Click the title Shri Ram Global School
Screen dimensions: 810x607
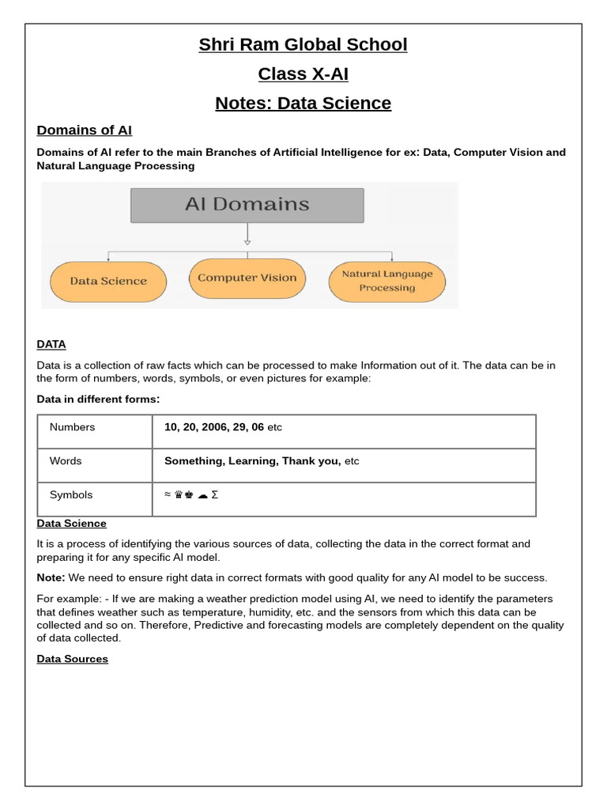coord(303,45)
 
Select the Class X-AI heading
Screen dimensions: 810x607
coord(303,74)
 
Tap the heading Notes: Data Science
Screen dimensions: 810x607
coord(303,104)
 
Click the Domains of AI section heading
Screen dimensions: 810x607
coord(85,130)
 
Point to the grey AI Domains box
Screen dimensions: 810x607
coord(247,205)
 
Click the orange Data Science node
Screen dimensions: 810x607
coord(108,281)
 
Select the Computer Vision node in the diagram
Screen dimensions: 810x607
coord(247,278)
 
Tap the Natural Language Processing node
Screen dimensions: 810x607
coord(386,281)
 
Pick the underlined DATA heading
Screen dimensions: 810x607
coord(51,344)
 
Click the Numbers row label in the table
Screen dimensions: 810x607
coord(72,427)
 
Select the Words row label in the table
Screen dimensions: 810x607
coord(66,461)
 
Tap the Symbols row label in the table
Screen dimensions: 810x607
coord(71,495)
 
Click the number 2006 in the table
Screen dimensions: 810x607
coord(213,427)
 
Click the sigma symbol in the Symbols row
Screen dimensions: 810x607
coord(215,495)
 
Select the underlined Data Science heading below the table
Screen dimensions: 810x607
coord(71,524)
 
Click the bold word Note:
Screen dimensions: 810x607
coord(51,577)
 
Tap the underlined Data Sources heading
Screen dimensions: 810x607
coord(72,659)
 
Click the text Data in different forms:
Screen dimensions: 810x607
coord(98,399)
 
